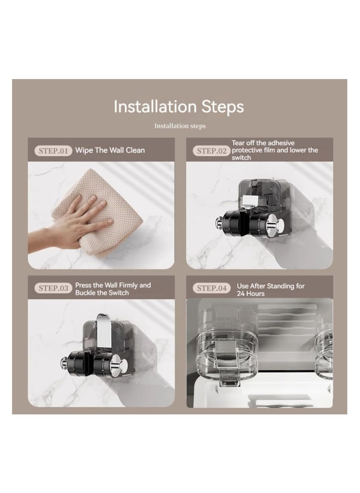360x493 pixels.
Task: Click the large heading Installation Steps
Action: click(179, 107)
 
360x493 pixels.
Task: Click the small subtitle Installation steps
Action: click(180, 126)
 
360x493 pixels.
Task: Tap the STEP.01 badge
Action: click(53, 151)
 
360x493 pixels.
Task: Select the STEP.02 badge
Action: click(211, 151)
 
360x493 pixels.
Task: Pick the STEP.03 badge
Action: click(53, 288)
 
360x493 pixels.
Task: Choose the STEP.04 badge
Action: click(211, 288)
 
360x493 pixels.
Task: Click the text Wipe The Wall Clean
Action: click(110, 150)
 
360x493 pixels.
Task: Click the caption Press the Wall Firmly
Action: click(112, 285)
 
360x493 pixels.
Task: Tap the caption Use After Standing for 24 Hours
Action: click(270, 289)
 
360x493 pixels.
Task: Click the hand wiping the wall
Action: click(81, 220)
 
